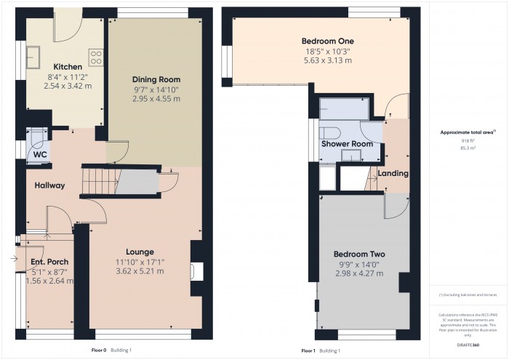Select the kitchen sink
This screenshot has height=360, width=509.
click(x=33, y=55)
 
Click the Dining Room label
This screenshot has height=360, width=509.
click(x=156, y=79)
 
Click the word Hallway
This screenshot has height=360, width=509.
click(x=50, y=185)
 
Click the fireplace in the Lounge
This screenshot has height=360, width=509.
click(x=193, y=271)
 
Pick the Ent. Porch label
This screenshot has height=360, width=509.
click(x=49, y=261)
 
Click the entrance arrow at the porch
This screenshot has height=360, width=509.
click(x=17, y=258)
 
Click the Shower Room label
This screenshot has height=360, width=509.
click(x=348, y=144)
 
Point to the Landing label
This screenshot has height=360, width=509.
click(x=393, y=174)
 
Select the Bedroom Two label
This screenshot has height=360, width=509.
click(x=359, y=254)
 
